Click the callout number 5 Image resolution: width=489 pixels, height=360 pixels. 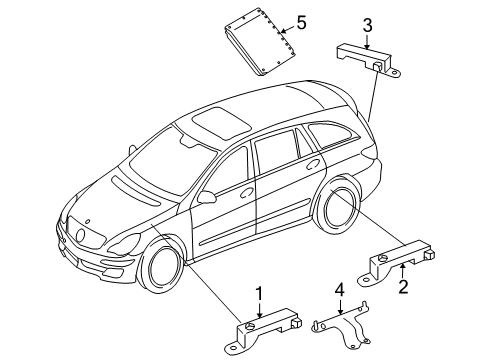tap(301, 23)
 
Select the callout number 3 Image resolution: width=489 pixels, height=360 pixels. tap(368, 26)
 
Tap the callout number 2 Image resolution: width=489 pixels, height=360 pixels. tap(403, 287)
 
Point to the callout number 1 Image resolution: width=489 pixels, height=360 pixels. tap(259, 293)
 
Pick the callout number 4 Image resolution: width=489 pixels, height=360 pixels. tap(339, 291)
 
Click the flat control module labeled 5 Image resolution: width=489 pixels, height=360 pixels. tap(261, 42)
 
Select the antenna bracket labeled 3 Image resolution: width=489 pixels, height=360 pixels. tap(367, 60)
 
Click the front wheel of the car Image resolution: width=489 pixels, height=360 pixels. tap(162, 267)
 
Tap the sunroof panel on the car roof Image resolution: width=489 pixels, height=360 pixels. tap(222, 122)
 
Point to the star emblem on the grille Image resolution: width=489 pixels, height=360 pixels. tap(80, 235)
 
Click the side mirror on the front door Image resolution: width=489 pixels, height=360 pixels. tap(207, 197)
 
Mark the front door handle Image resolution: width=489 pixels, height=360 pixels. tap(247, 193)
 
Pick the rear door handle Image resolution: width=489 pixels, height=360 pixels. tap(313, 164)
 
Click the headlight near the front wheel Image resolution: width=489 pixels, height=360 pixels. tap(125, 244)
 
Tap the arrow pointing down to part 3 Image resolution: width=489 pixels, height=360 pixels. tap(367, 42)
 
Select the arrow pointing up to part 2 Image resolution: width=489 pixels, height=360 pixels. tap(403, 271)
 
